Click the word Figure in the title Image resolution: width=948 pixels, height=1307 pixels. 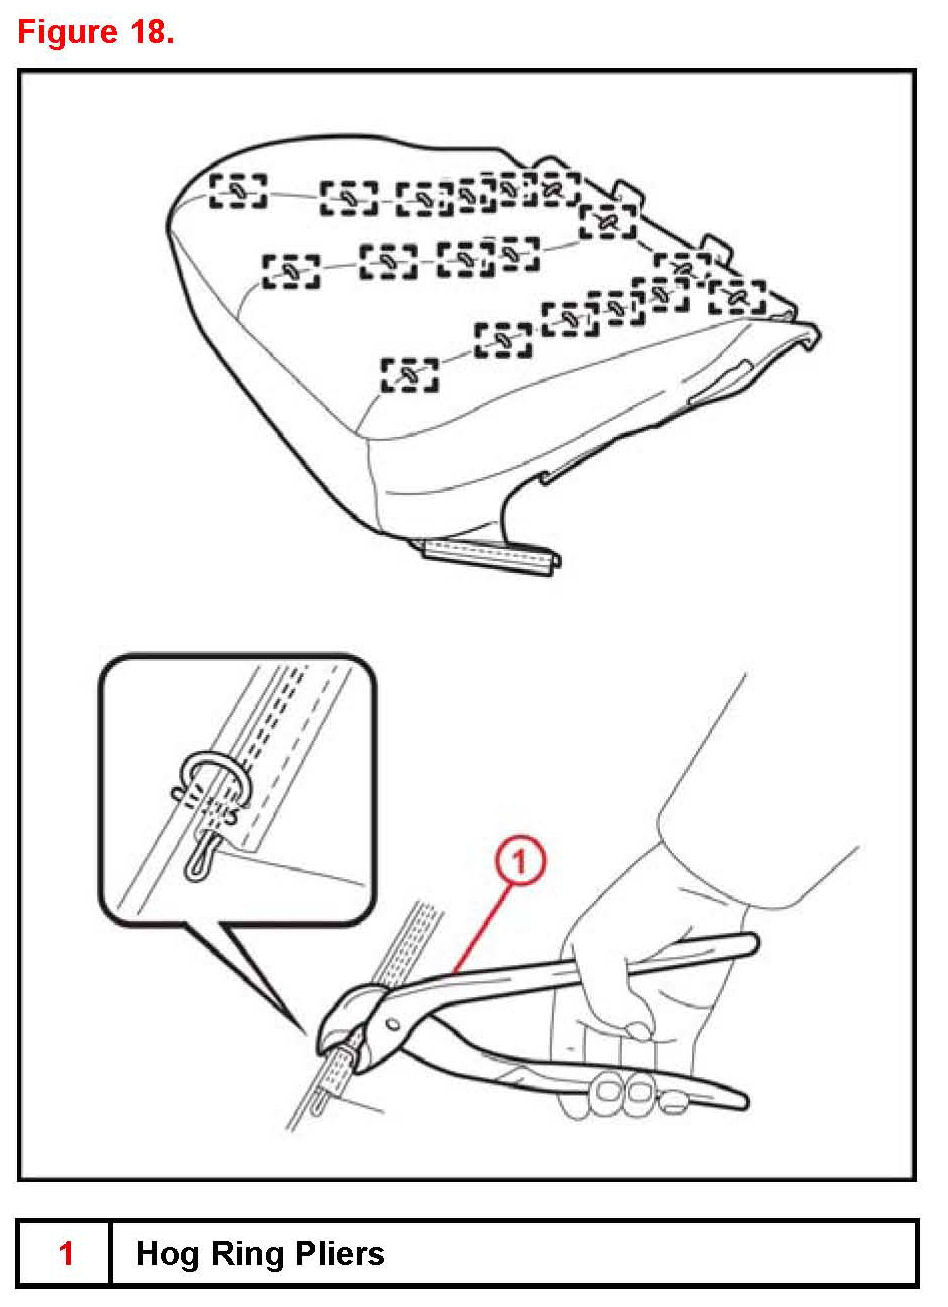[x=68, y=32]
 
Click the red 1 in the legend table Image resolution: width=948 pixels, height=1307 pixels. [x=66, y=1253]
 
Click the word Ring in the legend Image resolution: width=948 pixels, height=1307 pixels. [x=245, y=1254]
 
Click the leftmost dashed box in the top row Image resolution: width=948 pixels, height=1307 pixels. [x=238, y=190]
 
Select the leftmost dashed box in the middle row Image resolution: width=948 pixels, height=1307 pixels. [x=291, y=271]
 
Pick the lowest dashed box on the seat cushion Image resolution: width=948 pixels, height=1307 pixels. [x=410, y=375]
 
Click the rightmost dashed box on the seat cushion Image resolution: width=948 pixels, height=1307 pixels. [x=737, y=297]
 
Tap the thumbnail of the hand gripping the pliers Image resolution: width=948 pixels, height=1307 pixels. [x=636, y=1028]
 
